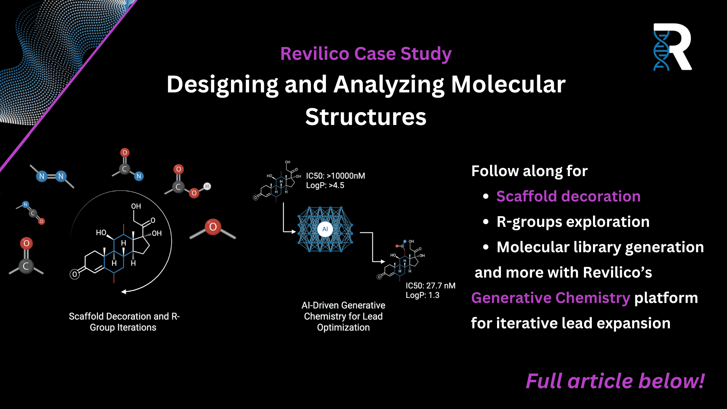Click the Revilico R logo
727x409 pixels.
click(672, 47)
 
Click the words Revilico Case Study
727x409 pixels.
click(366, 53)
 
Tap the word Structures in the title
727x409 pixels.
click(366, 117)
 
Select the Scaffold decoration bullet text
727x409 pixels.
click(568, 196)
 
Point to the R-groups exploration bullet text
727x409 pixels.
click(573, 222)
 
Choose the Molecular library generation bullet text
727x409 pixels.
click(600, 247)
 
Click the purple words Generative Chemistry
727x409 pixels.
click(551, 298)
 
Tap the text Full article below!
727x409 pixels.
click(615, 381)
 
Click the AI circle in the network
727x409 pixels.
click(325, 229)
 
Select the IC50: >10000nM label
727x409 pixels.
click(335, 176)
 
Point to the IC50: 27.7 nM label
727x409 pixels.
click(431, 286)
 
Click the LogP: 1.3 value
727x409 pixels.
click(423, 295)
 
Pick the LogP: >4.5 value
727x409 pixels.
click(325, 185)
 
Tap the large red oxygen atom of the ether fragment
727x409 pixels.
click(213, 227)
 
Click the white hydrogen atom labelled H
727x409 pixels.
click(207, 186)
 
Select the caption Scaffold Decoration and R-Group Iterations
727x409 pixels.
click(124, 322)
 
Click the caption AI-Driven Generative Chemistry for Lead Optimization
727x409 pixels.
click(343, 316)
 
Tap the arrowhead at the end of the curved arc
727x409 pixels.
click(124, 292)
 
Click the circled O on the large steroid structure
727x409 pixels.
click(75, 274)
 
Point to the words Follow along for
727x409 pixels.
click(529, 171)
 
